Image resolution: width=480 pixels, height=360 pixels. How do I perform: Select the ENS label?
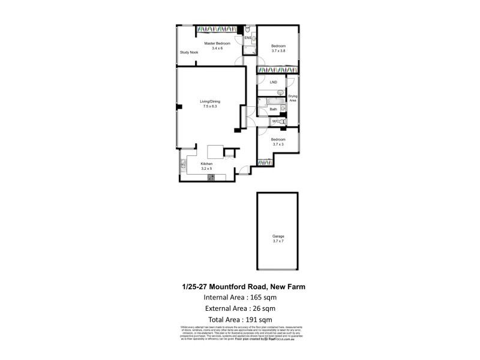248,38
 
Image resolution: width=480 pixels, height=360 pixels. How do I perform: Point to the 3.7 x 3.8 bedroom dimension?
278,51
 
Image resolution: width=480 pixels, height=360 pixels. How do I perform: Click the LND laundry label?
274,82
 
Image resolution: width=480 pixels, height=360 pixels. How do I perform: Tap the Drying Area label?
293,98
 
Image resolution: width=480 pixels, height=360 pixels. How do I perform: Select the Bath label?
273,109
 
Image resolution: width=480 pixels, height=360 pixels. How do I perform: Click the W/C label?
275,122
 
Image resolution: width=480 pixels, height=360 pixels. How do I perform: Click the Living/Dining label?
210,101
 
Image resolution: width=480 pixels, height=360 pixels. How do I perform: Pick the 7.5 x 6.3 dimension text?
210,107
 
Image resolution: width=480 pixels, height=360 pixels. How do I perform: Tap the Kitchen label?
207,164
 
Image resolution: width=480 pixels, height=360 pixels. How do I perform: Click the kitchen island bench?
215,151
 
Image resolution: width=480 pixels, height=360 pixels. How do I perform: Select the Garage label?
278,237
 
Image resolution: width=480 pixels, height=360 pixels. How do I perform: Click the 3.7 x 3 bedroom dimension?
278,144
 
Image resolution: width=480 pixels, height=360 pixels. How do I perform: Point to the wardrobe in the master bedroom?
217,29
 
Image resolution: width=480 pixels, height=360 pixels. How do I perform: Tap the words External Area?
223,308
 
